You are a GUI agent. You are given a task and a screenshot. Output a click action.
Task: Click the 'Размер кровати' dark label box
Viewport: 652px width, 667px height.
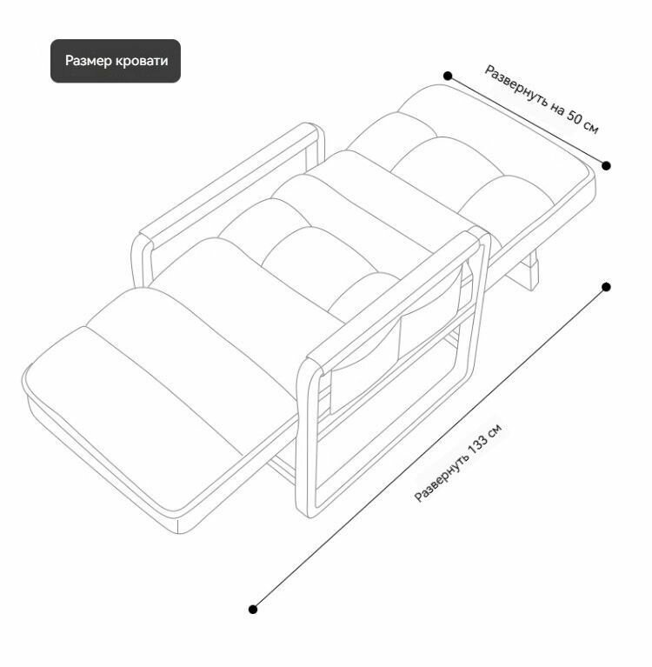[116, 61]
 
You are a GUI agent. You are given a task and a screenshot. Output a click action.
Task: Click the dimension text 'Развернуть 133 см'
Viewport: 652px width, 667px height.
[458, 464]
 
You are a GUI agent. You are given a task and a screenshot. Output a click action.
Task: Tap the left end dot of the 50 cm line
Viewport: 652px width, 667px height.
[448, 76]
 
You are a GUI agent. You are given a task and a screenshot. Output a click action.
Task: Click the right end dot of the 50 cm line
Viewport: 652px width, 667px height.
[607, 165]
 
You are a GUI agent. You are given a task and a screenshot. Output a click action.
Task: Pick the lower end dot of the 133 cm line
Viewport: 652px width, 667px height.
[253, 610]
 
